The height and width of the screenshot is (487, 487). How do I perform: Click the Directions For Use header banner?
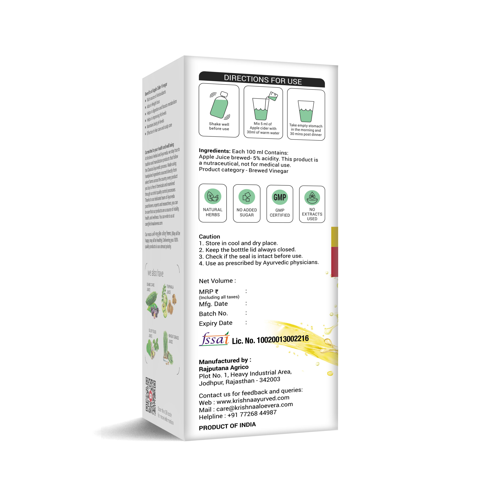click(x=262, y=80)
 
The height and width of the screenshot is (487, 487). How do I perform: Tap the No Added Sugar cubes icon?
click(x=247, y=197)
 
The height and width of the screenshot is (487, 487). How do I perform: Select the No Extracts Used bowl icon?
click(x=312, y=198)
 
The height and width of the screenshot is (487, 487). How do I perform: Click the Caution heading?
click(x=209, y=236)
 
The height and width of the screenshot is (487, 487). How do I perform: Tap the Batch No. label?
click(x=213, y=314)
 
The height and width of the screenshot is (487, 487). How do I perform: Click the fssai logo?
click(x=214, y=339)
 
